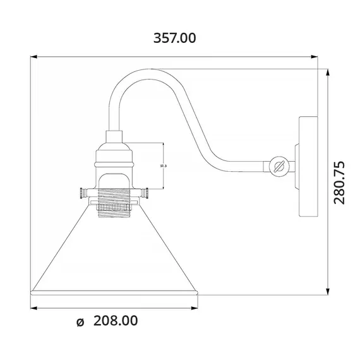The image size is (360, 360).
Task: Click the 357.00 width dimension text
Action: [x=175, y=38]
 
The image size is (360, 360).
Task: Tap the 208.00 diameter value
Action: [x=116, y=321]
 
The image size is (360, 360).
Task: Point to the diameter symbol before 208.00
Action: [x=80, y=321]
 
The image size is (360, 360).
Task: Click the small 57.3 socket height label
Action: [x=163, y=165]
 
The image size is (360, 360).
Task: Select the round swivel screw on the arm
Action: [x=279, y=167]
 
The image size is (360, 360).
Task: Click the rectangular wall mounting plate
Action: [x=308, y=166]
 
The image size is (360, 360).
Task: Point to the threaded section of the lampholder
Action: [x=114, y=201]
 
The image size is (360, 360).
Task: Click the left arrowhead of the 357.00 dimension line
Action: [x=35, y=57]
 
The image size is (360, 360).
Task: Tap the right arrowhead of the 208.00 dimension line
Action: [x=196, y=308]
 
